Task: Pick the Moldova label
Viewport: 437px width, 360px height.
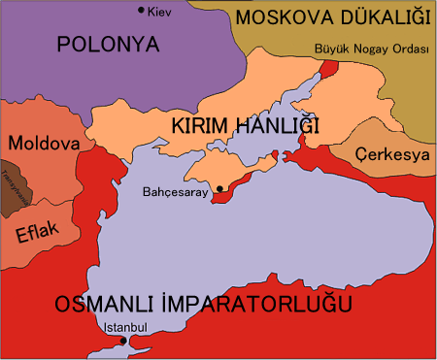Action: point(43,143)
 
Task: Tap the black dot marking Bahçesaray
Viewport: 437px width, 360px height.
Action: point(220,188)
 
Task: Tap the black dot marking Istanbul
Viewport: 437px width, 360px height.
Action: point(121,341)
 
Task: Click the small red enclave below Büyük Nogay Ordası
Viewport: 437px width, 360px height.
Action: point(328,69)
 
